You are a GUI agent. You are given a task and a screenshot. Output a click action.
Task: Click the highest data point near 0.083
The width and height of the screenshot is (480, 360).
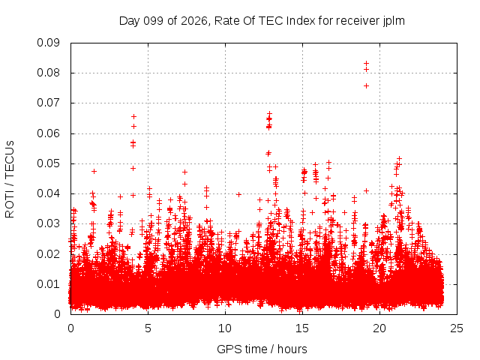click(x=366, y=63)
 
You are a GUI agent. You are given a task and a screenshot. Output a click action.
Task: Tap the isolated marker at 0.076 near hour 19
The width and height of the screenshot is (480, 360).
click(x=366, y=86)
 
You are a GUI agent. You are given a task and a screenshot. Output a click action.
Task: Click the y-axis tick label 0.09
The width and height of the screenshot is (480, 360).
click(x=48, y=43)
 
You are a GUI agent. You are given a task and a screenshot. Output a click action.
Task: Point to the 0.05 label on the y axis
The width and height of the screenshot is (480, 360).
click(x=48, y=163)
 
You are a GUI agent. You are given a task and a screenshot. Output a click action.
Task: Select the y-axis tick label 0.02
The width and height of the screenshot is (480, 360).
click(x=48, y=254)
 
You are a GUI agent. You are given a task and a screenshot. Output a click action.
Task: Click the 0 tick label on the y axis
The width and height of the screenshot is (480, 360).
click(x=57, y=314)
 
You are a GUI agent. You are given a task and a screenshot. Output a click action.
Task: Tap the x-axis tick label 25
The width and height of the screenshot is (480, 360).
click(x=457, y=328)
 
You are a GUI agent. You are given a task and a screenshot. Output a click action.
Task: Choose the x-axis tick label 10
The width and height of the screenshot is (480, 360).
click(x=225, y=328)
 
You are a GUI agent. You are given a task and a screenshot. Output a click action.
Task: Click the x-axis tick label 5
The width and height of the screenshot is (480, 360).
click(x=148, y=328)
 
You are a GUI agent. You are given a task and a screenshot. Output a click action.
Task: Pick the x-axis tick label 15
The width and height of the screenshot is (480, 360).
click(x=302, y=328)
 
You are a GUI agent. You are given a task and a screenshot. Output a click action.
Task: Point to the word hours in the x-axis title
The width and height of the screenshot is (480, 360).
click(x=292, y=349)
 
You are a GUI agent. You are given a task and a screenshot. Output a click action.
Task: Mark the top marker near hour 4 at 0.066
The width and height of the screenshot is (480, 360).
click(x=133, y=117)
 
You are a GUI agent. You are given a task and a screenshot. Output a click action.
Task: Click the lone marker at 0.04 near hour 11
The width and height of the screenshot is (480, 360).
click(x=238, y=194)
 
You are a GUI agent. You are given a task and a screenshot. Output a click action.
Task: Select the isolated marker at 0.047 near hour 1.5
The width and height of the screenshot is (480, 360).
click(x=94, y=172)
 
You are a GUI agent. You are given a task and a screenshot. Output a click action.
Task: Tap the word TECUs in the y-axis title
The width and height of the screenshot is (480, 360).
click(x=10, y=160)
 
